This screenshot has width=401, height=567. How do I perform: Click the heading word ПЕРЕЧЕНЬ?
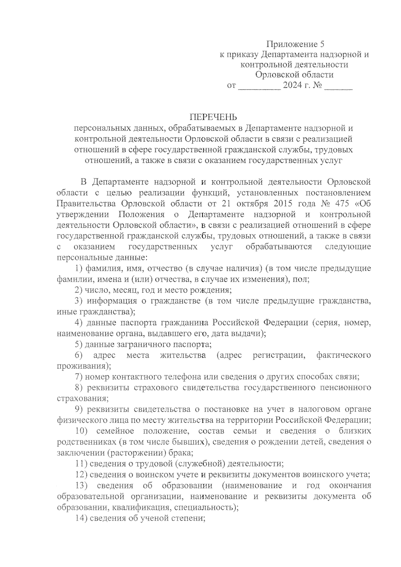click(213, 117)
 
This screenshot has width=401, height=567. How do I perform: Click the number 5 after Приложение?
click(322, 44)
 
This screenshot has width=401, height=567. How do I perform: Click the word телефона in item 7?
click(185, 377)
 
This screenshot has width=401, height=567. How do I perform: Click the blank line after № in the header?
click(338, 89)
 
